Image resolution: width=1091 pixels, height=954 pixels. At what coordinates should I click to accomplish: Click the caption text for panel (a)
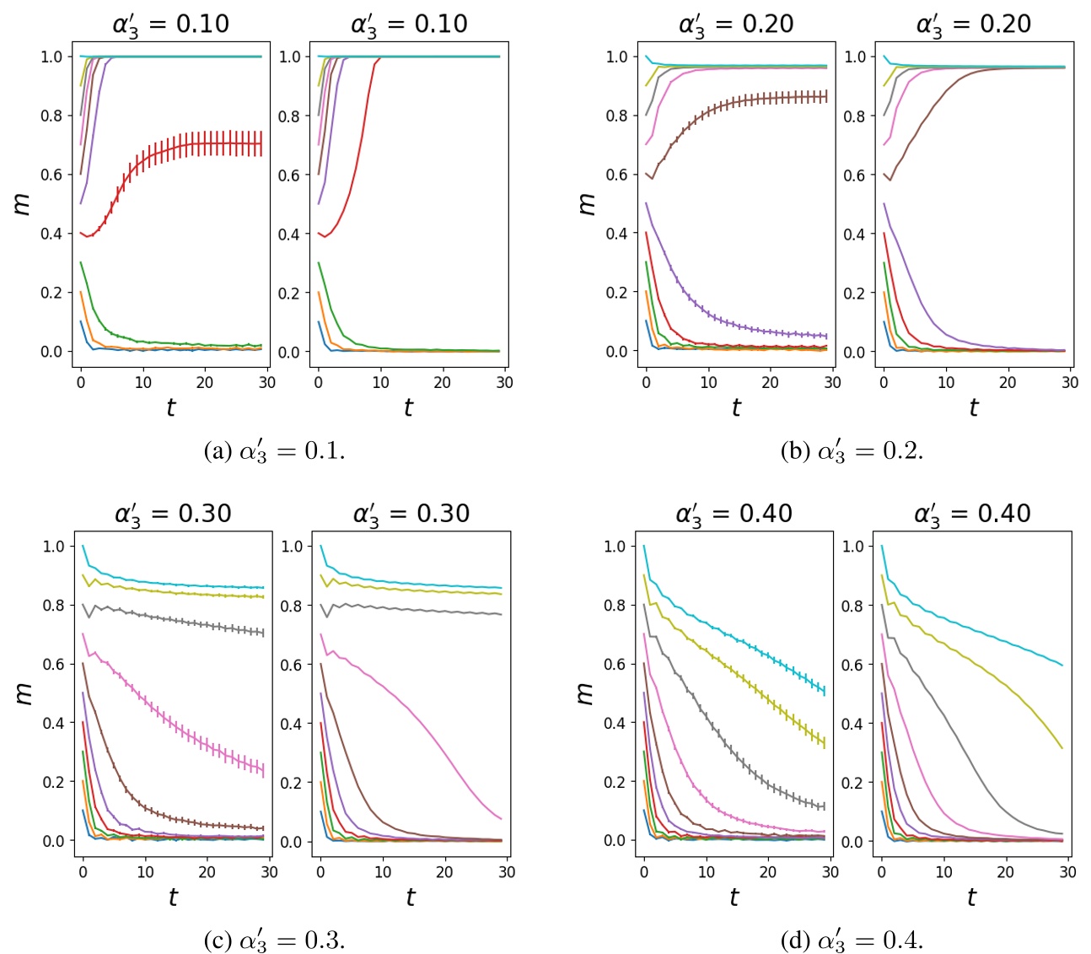[274, 451]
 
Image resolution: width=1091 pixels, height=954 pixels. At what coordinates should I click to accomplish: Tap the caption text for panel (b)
[852, 451]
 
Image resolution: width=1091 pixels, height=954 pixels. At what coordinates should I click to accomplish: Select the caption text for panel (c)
[274, 940]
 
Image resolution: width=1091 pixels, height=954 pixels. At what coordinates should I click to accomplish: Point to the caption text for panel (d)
[852, 940]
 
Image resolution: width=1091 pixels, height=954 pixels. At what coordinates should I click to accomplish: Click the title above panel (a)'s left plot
[170, 24]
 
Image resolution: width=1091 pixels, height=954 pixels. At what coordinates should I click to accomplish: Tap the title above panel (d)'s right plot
[972, 513]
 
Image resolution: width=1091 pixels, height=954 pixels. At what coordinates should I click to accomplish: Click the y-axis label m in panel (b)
[587, 203]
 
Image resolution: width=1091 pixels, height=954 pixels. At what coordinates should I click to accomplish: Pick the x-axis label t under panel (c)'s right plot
[410, 897]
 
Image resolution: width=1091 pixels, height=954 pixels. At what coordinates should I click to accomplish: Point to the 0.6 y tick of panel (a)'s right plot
[289, 175]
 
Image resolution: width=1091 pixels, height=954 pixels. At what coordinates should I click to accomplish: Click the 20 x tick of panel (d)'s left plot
[767, 872]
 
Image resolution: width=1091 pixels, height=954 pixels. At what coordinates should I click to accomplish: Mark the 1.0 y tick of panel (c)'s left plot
[53, 547]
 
